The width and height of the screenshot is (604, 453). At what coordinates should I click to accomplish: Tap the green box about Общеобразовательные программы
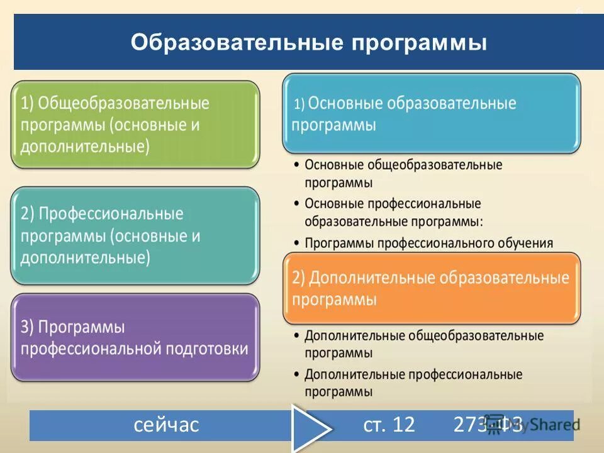click(135, 124)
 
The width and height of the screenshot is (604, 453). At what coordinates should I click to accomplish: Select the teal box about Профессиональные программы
click(135, 235)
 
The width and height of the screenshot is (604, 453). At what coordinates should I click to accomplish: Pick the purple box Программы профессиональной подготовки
click(135, 337)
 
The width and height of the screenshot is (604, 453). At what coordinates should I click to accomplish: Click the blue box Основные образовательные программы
click(431, 113)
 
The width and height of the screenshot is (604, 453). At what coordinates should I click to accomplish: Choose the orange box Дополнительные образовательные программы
click(431, 288)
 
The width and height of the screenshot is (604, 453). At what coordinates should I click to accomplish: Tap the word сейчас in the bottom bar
click(166, 425)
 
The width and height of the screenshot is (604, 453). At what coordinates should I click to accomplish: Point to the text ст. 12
click(389, 425)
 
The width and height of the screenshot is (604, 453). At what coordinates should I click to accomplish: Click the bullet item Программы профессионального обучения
click(428, 243)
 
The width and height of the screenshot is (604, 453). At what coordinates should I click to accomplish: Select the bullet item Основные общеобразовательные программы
click(403, 174)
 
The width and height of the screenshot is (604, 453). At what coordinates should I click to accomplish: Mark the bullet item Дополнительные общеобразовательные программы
click(423, 344)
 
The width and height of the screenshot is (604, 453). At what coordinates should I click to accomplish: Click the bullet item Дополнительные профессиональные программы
click(413, 383)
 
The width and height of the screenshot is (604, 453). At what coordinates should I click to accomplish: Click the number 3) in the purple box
click(28, 327)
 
